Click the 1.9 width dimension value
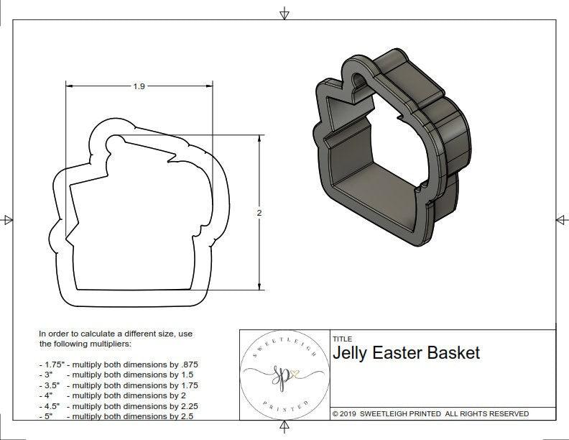[139, 86]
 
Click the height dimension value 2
[259, 213]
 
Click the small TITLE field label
[342, 339]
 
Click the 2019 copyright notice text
[430, 413]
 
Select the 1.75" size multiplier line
[119, 365]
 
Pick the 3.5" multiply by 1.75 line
[119, 385]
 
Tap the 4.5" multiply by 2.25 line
[119, 405]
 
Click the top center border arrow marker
[284, 13]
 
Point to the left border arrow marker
[8, 219]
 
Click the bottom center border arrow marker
[284, 429]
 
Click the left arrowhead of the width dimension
[70, 86]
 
